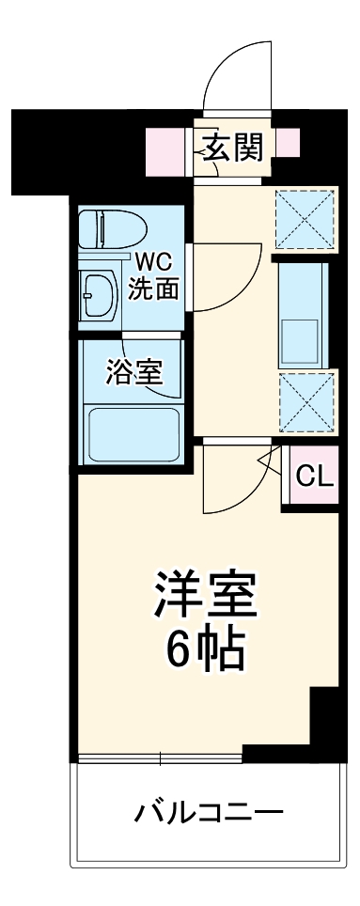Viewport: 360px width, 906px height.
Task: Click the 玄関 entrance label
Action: [229, 147]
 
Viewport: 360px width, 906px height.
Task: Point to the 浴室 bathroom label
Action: [133, 372]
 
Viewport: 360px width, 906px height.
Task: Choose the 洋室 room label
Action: [205, 594]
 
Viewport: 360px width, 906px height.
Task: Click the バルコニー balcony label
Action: [207, 810]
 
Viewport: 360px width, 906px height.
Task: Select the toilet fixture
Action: [113, 228]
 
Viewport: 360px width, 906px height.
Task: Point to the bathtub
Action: [131, 434]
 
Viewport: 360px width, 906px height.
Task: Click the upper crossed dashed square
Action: [305, 218]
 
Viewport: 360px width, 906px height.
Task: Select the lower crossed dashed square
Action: [305, 400]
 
